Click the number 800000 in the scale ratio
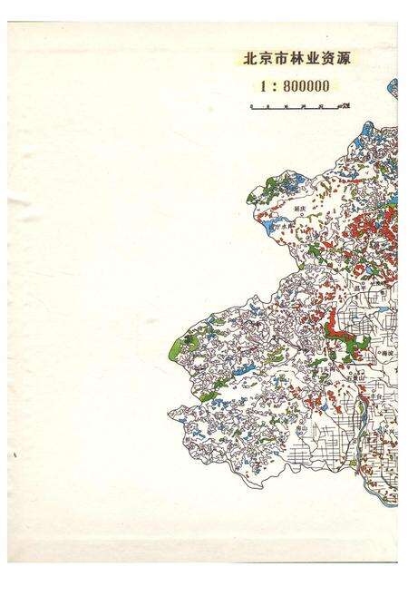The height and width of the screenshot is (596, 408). pos(299,86)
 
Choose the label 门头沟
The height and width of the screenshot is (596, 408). pos(344,360)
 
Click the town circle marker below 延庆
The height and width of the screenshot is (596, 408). pos(300,216)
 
